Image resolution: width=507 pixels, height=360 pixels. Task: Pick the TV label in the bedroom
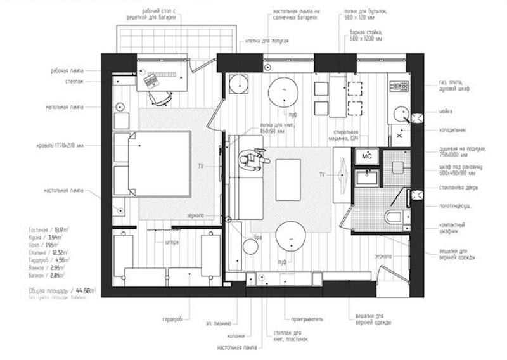(200, 165)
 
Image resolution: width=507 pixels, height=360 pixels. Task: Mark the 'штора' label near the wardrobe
(172, 243)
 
